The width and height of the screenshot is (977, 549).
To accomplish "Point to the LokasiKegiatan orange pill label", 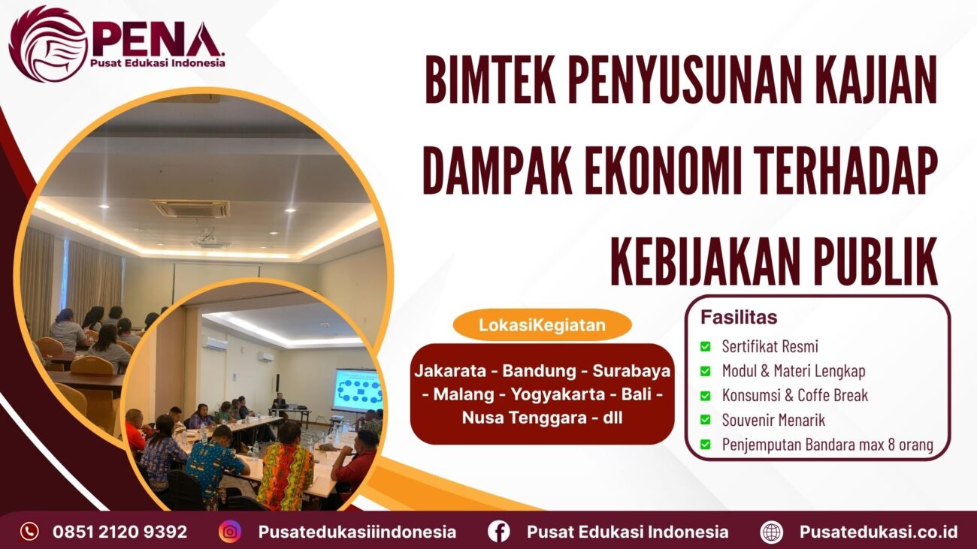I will pyautogui.click(x=542, y=325).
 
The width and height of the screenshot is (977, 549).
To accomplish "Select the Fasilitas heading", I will pyautogui.click(x=739, y=317).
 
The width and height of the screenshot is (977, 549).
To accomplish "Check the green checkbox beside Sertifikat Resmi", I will pyautogui.click(x=705, y=347).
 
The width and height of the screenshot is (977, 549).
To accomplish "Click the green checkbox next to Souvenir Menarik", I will pyautogui.click(x=705, y=420).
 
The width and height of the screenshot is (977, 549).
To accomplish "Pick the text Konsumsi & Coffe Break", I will pyautogui.click(x=795, y=395).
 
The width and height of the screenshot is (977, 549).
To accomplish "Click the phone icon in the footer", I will pyautogui.click(x=29, y=532).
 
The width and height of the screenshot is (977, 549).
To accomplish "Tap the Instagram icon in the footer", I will pyautogui.click(x=230, y=532).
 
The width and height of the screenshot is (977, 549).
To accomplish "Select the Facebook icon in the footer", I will pyautogui.click(x=498, y=532).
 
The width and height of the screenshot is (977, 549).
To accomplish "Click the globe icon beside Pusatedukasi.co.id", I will pyautogui.click(x=771, y=532).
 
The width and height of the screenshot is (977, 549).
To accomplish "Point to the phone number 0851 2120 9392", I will pyautogui.click(x=120, y=532).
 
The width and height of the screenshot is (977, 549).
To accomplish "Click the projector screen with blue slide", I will pyautogui.click(x=357, y=390).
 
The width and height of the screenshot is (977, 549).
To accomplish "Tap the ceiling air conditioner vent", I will pyautogui.click(x=189, y=208).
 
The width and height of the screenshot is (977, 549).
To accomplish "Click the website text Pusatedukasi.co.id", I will pyautogui.click(x=878, y=532).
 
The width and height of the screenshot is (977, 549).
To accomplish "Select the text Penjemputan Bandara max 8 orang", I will pyautogui.click(x=827, y=444).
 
